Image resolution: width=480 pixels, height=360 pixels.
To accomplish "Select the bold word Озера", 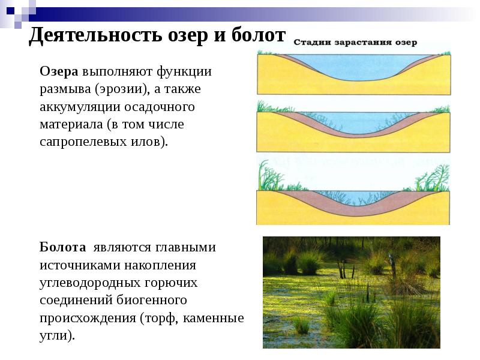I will click(x=59, y=71).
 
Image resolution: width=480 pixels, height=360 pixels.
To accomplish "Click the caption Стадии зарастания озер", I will click(x=355, y=43).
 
